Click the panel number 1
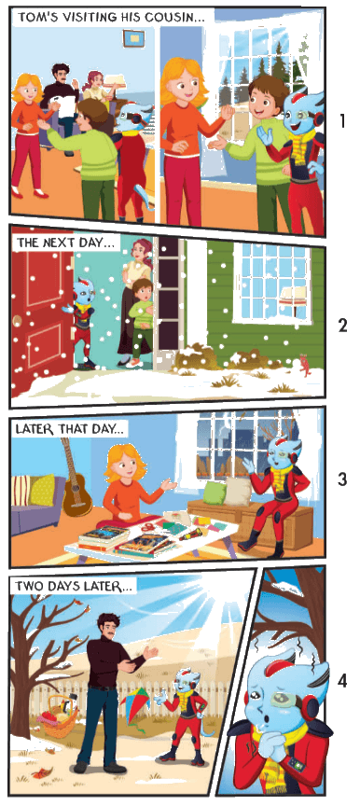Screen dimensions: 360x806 click(x=342, y=121)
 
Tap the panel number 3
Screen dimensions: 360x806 click(x=342, y=479)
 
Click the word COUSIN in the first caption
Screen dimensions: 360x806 click(x=174, y=17)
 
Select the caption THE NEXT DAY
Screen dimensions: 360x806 click(x=64, y=243)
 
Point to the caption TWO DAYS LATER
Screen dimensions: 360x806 click(x=74, y=585)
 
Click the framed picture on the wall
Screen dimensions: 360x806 click(x=133, y=37)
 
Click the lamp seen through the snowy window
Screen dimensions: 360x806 click(x=293, y=297)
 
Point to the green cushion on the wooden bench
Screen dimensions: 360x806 click(x=215, y=493)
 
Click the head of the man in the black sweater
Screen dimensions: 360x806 click(x=109, y=626)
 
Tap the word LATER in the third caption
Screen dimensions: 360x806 click(x=34, y=429)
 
